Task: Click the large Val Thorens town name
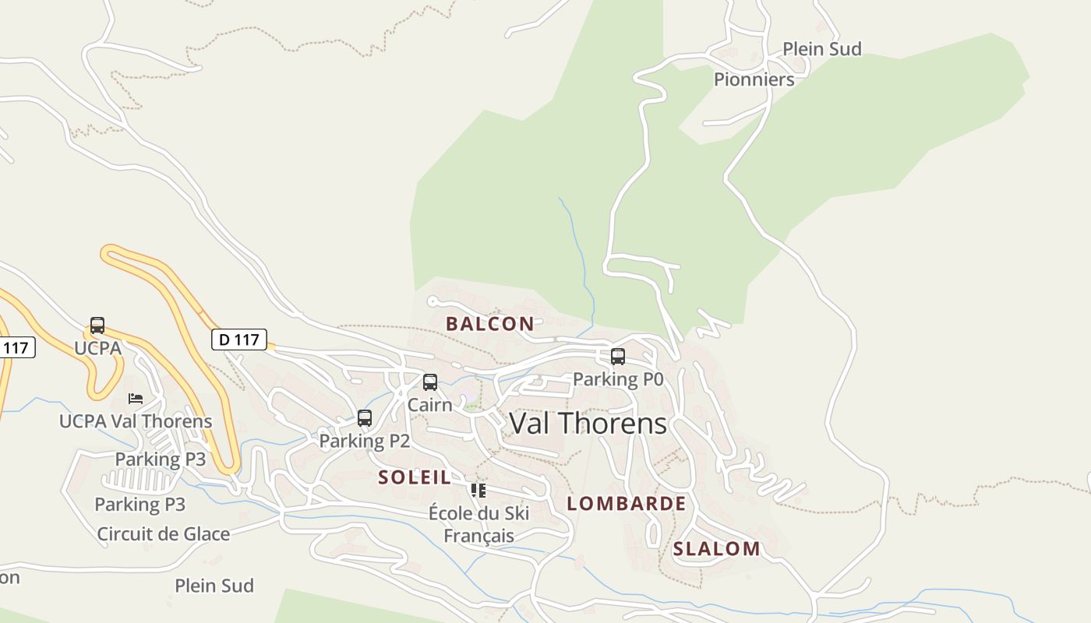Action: [x=588, y=424]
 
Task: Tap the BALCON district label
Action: [x=490, y=324]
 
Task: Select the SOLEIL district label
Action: [x=415, y=477]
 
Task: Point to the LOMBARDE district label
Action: [x=627, y=504]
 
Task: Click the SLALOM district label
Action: [x=717, y=549]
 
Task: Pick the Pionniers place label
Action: [x=754, y=79]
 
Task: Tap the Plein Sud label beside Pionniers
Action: [x=822, y=49]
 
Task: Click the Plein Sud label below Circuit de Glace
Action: [x=214, y=586]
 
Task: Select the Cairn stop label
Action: [x=430, y=405]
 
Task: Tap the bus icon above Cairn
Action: [x=430, y=382]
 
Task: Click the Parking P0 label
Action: [x=618, y=379]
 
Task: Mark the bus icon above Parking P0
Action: [x=618, y=357]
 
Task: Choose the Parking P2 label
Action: [x=365, y=441]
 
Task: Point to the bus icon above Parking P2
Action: [x=365, y=418]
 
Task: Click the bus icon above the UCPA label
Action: [x=97, y=326]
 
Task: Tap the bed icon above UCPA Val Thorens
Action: [x=136, y=399]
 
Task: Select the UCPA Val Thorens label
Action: [x=136, y=421]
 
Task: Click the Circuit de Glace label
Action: [x=164, y=534]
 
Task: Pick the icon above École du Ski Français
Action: [x=478, y=491]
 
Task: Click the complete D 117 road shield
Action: [x=239, y=340]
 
